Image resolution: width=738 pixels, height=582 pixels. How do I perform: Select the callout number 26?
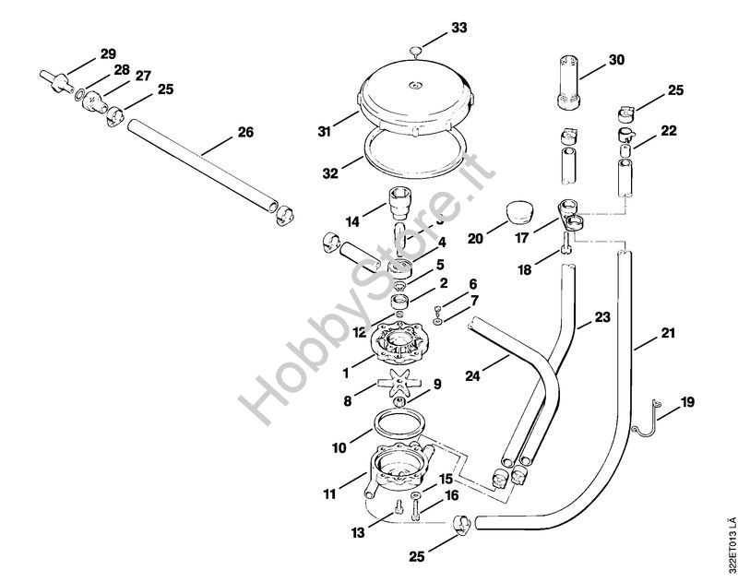(x=245, y=132)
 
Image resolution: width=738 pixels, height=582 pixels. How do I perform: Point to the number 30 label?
(x=616, y=61)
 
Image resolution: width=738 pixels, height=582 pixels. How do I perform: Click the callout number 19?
(x=688, y=403)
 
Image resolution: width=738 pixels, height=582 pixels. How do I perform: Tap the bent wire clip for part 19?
(x=646, y=416)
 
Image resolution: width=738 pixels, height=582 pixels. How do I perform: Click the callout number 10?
(x=340, y=448)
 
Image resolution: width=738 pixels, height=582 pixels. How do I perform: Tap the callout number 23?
(x=602, y=316)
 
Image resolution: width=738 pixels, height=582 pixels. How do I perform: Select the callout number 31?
(x=324, y=132)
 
